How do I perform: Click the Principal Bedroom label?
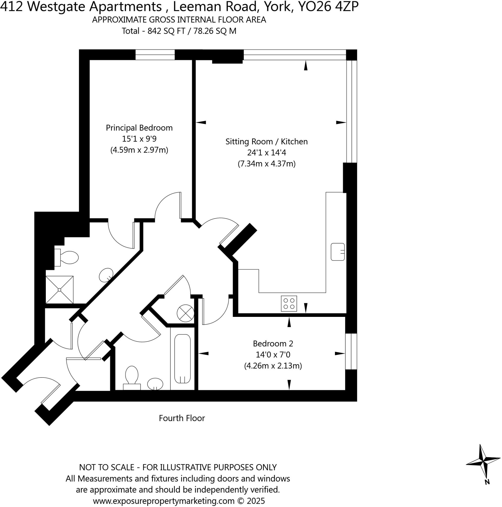pyautogui.click(x=139, y=128)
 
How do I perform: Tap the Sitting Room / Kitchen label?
pyautogui.click(x=266, y=141)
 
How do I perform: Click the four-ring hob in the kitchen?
pyautogui.click(x=289, y=304)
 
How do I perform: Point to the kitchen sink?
pyautogui.click(x=337, y=252)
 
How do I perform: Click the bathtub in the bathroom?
pyautogui.click(x=182, y=358)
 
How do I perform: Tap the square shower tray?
pyautogui.click(x=60, y=290)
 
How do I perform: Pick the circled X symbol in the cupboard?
pyautogui.click(x=185, y=313)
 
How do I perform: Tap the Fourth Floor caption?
pyautogui.click(x=182, y=418)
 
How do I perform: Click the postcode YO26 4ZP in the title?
pyautogui.click(x=328, y=7)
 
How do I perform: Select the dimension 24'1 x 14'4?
pyautogui.click(x=266, y=152)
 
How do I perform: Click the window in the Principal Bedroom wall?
pyautogui.click(x=155, y=54)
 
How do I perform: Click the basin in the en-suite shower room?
pyautogui.click(x=106, y=275)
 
